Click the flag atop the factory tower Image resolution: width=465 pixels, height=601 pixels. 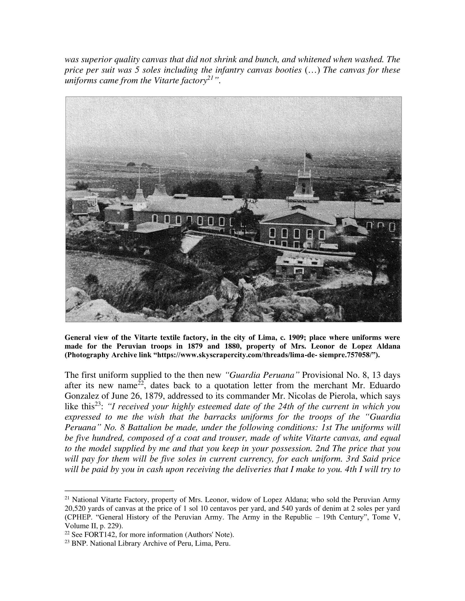point(309,156)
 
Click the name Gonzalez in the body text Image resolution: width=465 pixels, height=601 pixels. point(82,396)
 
